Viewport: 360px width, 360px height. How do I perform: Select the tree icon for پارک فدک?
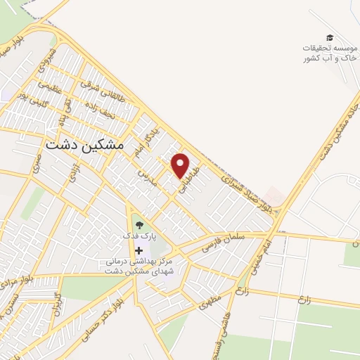pyautogui.click(x=139, y=225)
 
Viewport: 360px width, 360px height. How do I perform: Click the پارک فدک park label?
pyautogui.click(x=139, y=237)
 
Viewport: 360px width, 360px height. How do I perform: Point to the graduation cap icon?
pyautogui.click(x=330, y=37)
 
